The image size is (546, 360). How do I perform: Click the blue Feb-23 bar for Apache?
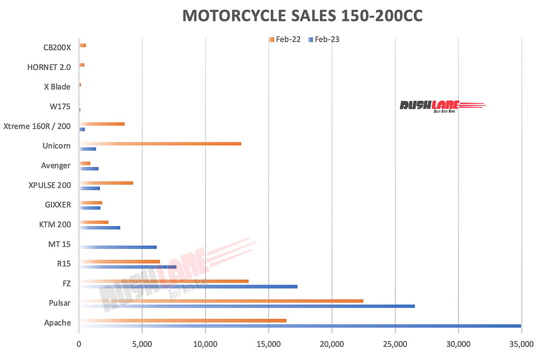[300, 326]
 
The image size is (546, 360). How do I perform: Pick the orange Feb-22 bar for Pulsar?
[221, 300]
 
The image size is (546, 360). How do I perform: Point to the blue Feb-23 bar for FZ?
[188, 286]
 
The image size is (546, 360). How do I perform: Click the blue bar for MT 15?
[118, 247]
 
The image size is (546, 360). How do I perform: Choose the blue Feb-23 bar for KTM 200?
[99, 227]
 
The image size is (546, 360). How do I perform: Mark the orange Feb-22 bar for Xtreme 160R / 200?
[102, 124]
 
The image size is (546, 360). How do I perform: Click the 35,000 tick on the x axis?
[521, 345]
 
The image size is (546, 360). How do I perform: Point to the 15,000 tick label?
[268, 345]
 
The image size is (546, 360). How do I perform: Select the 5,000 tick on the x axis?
[142, 345]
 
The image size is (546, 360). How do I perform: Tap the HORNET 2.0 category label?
[49, 67]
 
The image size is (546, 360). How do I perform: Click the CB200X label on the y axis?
[57, 48]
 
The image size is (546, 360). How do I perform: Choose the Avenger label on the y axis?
[56, 166]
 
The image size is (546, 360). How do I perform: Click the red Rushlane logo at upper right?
[442, 105]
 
